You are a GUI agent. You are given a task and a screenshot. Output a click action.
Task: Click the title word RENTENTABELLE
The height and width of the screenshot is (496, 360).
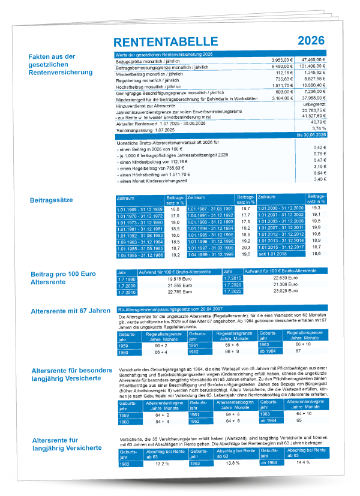click(x=166, y=41)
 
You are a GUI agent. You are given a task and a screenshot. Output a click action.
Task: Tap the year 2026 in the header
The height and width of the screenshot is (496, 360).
click(x=311, y=41)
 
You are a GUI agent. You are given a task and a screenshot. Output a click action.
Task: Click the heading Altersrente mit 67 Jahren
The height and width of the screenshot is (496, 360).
click(x=71, y=311)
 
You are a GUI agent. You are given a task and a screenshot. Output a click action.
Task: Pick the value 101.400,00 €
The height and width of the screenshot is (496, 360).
click(x=311, y=67)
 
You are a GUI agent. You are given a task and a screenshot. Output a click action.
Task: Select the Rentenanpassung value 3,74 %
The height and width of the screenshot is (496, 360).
click(x=318, y=128)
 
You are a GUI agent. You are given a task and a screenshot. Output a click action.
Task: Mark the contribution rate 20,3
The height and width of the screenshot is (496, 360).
click(x=245, y=247)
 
